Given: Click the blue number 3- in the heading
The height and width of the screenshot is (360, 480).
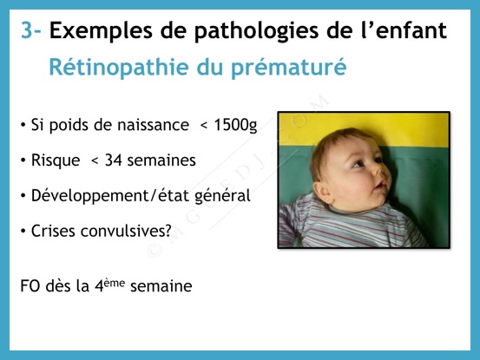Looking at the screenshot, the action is point(30,30).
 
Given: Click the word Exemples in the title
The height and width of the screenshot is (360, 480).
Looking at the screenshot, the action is point(101,31).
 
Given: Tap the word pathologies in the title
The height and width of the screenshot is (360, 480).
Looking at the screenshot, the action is point(256,31).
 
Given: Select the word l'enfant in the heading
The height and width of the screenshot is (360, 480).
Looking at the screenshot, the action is point(404,30).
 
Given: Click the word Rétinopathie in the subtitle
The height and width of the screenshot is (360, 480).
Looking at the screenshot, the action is point(119,67).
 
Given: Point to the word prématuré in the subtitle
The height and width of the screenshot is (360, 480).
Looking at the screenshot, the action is point(288,67).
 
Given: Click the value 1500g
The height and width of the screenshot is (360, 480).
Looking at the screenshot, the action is point(235,126).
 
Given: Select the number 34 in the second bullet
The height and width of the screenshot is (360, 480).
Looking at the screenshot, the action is point(113,160).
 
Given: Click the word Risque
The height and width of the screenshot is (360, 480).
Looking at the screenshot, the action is point(56,160).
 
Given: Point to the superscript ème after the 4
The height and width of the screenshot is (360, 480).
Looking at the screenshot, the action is point(115,283).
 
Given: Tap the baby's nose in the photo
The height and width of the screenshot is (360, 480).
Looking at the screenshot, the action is point(385,173).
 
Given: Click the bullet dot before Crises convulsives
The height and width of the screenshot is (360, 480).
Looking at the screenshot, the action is point(23,232).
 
